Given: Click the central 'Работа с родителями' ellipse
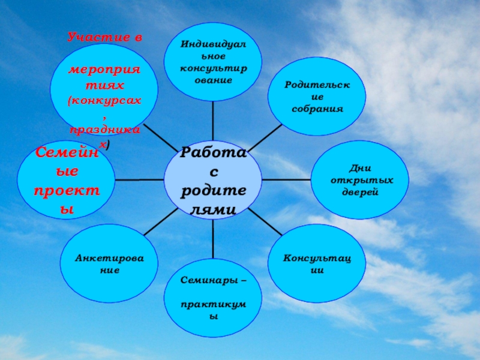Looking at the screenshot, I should click(x=213, y=180).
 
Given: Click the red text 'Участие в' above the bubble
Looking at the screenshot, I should click(x=105, y=37).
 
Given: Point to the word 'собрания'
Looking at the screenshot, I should click(x=317, y=109).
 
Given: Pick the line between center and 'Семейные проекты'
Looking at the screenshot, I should click(x=139, y=179).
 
